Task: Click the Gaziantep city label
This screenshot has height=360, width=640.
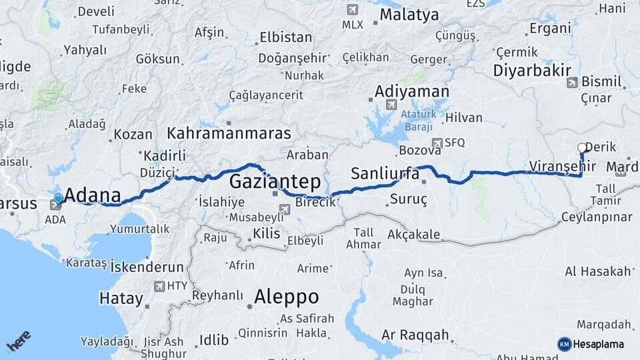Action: coord(275,181)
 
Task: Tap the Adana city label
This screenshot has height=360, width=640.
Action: coord(94,196)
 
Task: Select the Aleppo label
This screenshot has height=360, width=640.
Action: coord(287,297)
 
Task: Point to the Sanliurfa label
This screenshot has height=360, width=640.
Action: coord(385,175)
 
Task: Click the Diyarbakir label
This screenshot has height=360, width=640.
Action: coord(532,71)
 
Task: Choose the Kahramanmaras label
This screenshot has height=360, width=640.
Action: coord(229,133)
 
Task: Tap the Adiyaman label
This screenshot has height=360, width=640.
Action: coord(412,91)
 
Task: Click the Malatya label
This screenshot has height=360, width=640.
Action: coord(409,14)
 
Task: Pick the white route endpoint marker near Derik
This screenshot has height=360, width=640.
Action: coord(581,148)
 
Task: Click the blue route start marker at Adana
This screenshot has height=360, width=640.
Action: coord(59,198)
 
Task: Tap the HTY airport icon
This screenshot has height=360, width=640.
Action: coord(159,287)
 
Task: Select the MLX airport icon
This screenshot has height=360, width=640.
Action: coord(352,10)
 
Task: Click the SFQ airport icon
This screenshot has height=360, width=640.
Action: coord(437,142)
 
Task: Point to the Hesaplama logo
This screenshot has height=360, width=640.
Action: coord(591,344)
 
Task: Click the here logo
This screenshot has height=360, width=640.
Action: coord(19,342)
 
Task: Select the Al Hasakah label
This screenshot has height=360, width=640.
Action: coord(597,271)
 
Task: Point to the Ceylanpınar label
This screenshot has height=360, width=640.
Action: coord(596,217)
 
